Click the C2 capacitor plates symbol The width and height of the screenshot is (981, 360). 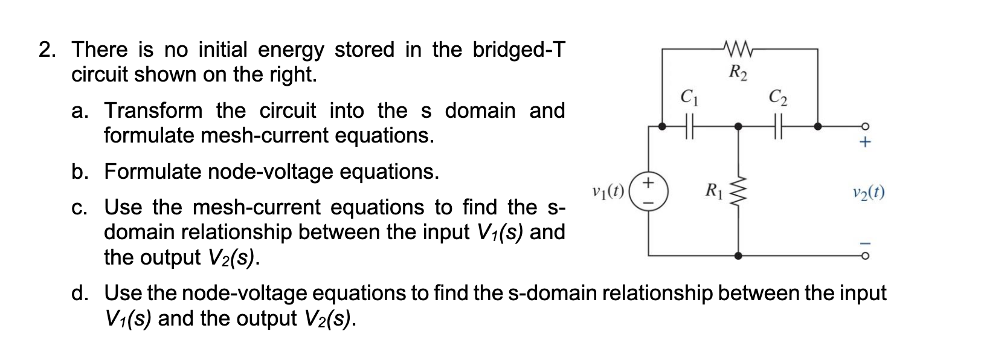778,127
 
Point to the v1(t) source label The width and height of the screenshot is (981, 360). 611,193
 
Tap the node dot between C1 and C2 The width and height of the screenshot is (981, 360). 738,127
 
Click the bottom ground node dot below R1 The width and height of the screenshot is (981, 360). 738,256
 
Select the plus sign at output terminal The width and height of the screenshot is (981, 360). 865,144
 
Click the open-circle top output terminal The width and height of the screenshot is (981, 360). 865,127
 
